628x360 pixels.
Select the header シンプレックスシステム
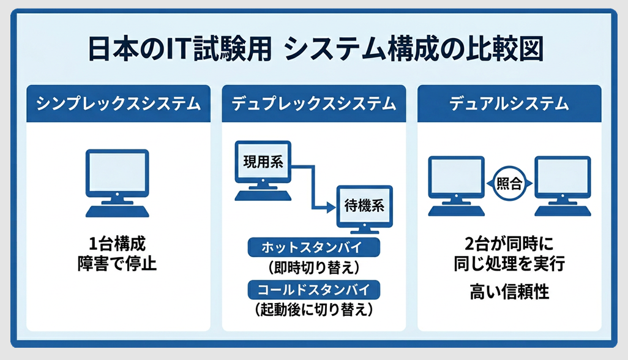point(118,103)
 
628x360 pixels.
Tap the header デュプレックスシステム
point(313,103)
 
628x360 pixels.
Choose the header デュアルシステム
point(509,103)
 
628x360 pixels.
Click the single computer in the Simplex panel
point(118,182)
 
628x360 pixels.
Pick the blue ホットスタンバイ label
point(313,248)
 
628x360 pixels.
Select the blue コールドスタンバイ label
point(313,289)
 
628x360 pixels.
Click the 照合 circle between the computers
point(509,183)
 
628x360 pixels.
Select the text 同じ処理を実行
point(509,265)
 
